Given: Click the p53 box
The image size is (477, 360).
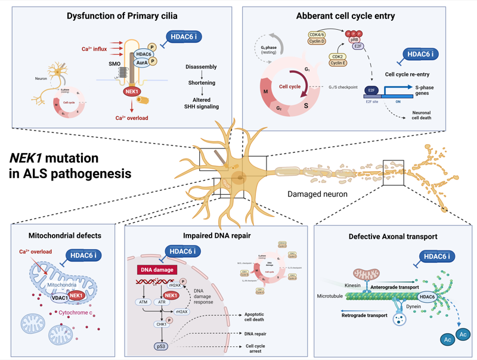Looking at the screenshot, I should tap(161, 345).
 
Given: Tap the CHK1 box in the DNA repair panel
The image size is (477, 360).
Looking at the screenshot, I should tap(161, 324).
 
